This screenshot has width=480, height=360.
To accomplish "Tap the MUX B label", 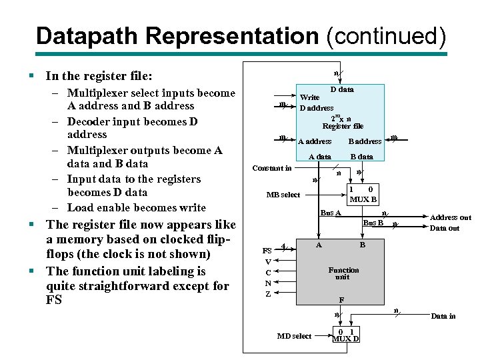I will [x=363, y=199].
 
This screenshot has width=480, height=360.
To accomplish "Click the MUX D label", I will [x=345, y=339].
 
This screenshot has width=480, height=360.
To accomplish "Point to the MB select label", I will [x=283, y=195].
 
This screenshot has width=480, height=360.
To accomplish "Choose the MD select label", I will [x=294, y=336].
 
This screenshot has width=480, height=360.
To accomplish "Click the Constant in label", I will [x=271, y=168].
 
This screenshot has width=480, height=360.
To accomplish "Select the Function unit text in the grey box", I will [x=343, y=273].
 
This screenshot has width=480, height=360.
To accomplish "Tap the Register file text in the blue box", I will [x=343, y=126].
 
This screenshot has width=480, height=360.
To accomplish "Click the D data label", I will [x=342, y=89].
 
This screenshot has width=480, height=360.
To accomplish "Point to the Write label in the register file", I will [x=310, y=97].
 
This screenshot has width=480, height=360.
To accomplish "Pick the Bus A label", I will [x=330, y=213].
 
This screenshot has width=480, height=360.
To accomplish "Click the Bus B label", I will [x=373, y=223].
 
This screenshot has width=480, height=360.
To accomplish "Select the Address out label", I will [x=450, y=217].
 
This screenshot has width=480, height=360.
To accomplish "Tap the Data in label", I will [x=443, y=316].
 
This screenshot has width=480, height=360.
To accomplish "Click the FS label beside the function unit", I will [x=267, y=251].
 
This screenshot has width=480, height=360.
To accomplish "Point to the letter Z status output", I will [x=268, y=294].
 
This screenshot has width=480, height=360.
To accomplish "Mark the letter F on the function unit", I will [x=341, y=300].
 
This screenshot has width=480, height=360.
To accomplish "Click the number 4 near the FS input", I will [x=285, y=245].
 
